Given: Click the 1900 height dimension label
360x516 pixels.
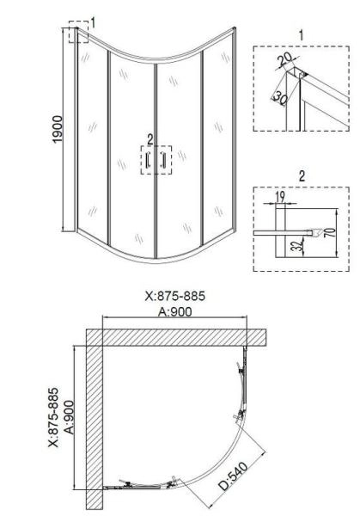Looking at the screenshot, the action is click(58, 129).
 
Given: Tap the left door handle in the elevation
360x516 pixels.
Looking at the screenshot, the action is click(148, 160).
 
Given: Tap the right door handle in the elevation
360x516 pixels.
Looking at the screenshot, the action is click(162, 160).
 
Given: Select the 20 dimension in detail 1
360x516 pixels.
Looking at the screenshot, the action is click(284, 59).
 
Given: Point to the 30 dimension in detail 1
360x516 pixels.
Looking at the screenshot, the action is click(280, 98).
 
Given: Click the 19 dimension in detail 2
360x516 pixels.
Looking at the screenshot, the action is click(280, 197).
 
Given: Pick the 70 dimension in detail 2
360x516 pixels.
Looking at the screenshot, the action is click(332, 232).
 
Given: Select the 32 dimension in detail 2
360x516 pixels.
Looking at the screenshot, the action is click(297, 245).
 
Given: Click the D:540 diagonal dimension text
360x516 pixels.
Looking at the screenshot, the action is click(234, 476).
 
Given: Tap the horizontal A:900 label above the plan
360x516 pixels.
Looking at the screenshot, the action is click(174, 311).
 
